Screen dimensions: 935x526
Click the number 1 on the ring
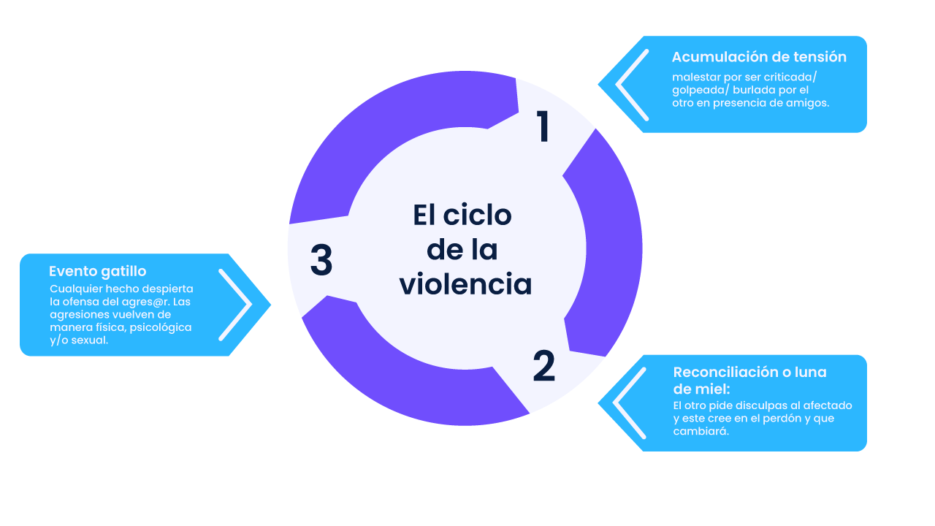543,126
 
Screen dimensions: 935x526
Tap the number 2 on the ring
544,366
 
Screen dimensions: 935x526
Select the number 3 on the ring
321,259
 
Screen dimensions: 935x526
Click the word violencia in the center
465,284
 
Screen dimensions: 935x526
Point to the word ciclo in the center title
477,215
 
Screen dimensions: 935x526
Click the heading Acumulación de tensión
759,57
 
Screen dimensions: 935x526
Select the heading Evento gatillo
98,271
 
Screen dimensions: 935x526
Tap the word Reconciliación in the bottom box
725,372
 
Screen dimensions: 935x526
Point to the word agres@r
145,302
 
